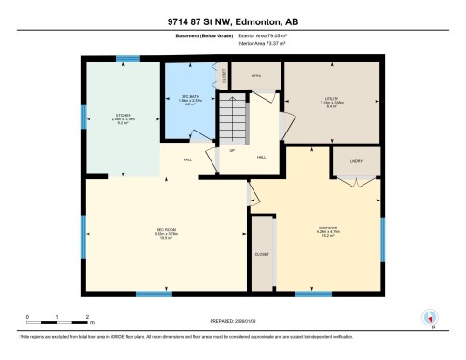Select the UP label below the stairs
[231, 151]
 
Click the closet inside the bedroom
[262, 252]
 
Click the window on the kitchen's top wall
[121, 61]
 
